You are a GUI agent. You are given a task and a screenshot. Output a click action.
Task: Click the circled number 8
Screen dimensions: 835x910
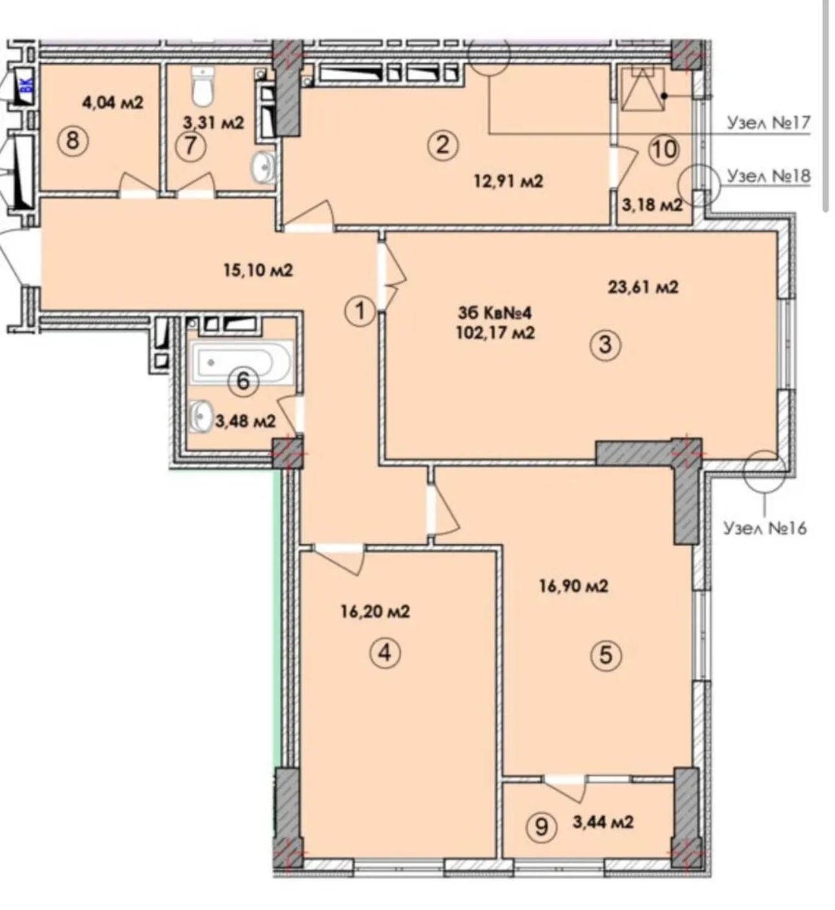(x=72, y=140)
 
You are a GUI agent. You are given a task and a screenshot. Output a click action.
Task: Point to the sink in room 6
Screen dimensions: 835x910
(x=199, y=416)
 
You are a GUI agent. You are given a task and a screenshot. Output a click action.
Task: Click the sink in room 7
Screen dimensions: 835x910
(x=263, y=168)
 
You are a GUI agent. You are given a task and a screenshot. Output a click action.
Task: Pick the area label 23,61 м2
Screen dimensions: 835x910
(x=643, y=287)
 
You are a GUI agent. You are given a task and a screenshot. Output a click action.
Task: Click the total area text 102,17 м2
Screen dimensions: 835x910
(x=496, y=333)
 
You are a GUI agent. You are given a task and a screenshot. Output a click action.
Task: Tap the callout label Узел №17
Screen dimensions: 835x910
(x=769, y=123)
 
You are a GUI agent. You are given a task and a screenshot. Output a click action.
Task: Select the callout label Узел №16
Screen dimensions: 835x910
(x=765, y=528)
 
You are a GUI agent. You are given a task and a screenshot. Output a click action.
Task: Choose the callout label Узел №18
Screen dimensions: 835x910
(x=769, y=175)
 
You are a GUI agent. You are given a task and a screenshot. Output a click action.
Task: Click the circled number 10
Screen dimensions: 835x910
(x=665, y=150)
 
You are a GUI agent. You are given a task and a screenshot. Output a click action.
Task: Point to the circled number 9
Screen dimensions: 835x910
(x=541, y=827)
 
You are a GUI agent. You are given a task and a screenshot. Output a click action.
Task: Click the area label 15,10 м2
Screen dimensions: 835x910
(x=258, y=271)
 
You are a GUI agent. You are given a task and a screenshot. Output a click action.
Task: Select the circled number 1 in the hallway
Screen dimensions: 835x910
(x=360, y=312)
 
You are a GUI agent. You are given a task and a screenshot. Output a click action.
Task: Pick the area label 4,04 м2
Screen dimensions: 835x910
(x=113, y=102)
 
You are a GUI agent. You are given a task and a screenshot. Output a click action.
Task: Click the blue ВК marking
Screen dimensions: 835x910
(x=27, y=85)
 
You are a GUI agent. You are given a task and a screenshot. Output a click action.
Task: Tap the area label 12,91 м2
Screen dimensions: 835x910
(x=508, y=182)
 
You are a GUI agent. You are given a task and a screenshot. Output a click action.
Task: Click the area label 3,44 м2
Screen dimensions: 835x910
(x=603, y=822)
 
